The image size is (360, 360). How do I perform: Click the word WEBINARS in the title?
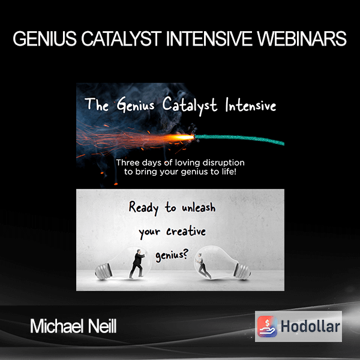coord(302,39)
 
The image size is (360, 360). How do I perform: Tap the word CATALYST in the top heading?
coord(121,39)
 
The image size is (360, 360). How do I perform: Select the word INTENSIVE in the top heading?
coord(209,39)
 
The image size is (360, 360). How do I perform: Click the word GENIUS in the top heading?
coord(45,39)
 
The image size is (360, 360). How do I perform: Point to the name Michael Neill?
coord(73,326)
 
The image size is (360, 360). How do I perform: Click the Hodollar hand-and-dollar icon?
coord(267,326)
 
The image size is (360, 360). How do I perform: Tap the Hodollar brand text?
coord(310,326)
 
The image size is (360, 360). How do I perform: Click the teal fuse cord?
coord(239,139)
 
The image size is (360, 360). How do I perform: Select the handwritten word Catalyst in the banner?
coord(190,105)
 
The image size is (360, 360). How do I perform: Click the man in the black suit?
coord(137,264)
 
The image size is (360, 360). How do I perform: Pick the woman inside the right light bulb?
coord(203,266)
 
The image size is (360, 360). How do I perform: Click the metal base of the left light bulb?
coord(104,272)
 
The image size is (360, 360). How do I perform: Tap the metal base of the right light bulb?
coord(242,272)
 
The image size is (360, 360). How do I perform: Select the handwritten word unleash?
coord(199,208)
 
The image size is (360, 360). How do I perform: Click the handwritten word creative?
coord(186,231)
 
